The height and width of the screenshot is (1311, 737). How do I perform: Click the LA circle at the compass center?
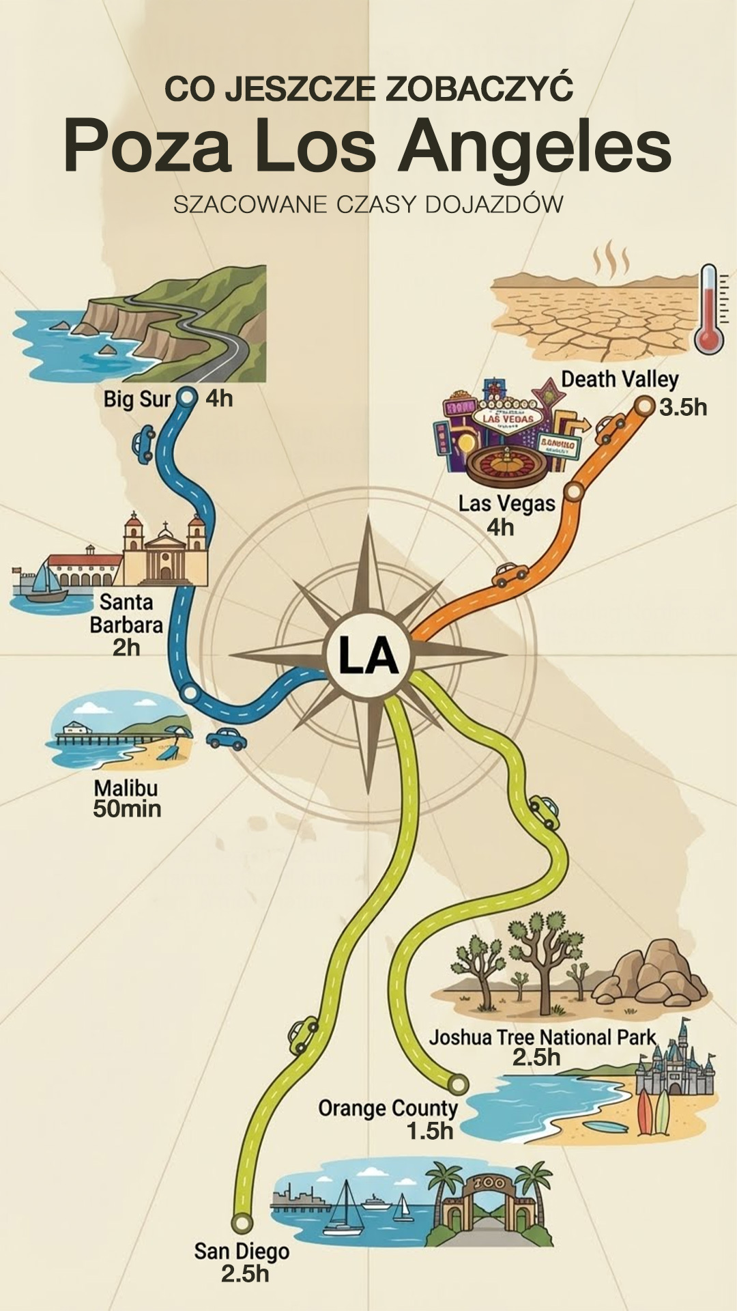pos(369,656)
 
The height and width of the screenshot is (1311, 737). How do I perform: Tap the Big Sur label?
pos(136,399)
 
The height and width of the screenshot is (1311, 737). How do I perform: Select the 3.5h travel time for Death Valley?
pos(682,408)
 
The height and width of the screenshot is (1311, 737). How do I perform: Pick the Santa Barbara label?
pos(127,614)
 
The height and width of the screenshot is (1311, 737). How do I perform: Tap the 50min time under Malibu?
pos(127,809)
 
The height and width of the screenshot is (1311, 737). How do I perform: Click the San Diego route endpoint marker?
pos(242,1222)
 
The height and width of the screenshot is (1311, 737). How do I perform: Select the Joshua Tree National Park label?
pos(542,1037)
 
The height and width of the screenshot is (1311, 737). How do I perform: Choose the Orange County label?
pos(387,1108)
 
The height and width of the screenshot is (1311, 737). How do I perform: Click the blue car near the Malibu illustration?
pos(227,738)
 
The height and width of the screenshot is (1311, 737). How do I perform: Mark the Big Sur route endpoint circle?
pos(186,397)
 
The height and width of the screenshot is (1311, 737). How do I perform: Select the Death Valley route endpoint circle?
pos(644,406)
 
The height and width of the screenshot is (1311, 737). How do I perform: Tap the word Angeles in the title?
pos(535,147)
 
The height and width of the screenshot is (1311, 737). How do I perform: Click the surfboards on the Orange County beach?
pos(653,1111)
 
